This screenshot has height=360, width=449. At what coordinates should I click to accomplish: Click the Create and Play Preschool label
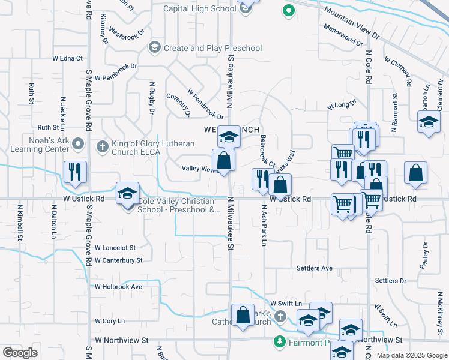[212, 48]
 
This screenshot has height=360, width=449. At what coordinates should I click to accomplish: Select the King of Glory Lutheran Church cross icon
[103, 146]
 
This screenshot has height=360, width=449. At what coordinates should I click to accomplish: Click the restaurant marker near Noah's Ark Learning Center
[76, 172]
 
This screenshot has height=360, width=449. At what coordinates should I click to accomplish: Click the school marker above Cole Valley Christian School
[127, 193]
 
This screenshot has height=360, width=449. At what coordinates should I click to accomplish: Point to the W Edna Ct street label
[67, 58]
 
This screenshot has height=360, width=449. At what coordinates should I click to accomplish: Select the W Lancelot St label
[115, 247]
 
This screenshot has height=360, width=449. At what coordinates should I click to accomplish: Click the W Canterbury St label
[119, 260]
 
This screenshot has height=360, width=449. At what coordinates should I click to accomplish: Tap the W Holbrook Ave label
[118, 287]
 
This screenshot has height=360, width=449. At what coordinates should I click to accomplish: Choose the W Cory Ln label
[109, 321]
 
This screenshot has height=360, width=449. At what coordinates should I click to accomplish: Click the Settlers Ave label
[314, 268]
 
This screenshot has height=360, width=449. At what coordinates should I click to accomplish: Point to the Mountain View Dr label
[352, 23]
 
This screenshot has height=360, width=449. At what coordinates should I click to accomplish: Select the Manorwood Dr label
[343, 35]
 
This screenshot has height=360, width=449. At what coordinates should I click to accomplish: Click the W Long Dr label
[338, 106]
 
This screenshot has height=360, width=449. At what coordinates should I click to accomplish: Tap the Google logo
[20, 353]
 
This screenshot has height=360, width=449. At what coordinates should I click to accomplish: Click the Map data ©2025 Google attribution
[411, 355]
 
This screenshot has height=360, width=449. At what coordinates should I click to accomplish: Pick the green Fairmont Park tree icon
[279, 342]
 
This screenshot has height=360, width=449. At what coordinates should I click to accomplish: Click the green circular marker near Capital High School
[288, 10]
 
